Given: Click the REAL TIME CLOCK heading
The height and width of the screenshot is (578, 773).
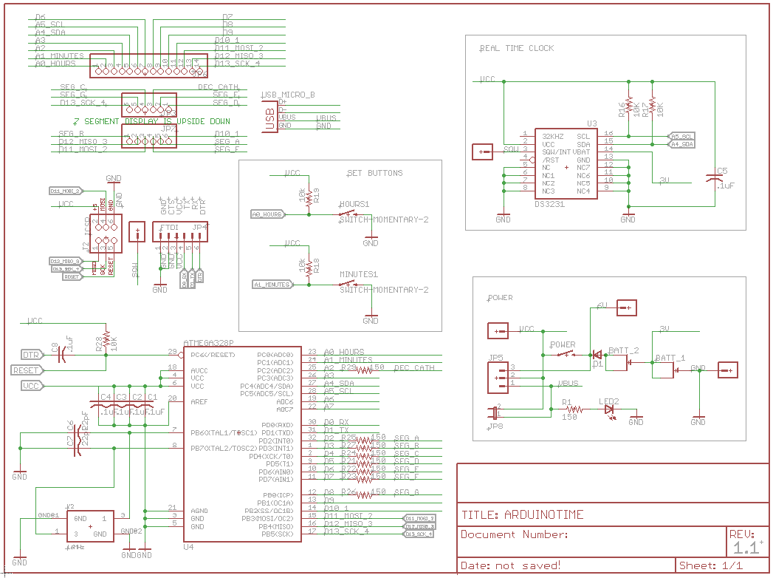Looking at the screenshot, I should (516, 48).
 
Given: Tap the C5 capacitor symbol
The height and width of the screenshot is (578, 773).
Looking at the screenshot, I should (713, 179).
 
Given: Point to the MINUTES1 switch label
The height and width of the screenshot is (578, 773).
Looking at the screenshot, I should (358, 274).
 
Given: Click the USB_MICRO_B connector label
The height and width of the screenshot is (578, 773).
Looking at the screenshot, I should (288, 95).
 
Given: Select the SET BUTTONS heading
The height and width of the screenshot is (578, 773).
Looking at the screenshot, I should (374, 173).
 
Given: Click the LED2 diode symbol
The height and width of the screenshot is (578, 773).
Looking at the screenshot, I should (609, 409).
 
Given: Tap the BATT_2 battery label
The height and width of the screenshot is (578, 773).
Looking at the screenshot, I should (624, 350).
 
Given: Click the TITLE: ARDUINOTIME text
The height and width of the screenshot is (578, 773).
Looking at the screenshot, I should (522, 515).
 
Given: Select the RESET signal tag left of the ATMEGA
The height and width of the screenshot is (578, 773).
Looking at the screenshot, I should (27, 370).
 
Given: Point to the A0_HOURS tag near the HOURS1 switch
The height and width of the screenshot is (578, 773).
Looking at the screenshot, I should (267, 214).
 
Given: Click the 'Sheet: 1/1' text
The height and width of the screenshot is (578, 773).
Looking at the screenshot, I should (710, 565).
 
